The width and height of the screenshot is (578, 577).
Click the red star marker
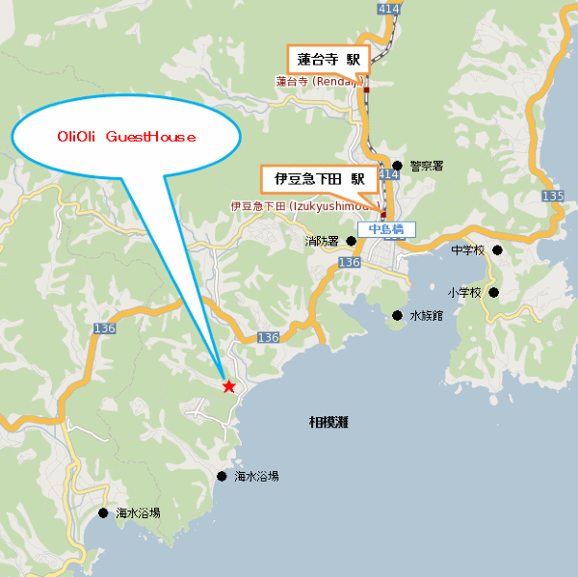(228, 386)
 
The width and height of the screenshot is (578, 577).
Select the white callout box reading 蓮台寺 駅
(328, 59)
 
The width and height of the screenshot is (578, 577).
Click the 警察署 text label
(426, 166)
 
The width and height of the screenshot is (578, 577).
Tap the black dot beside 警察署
(397, 166)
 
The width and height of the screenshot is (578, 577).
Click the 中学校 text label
(469, 250)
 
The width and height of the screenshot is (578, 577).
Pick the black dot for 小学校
(494, 292)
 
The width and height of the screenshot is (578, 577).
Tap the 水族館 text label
(425, 315)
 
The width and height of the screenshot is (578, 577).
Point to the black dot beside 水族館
(397, 315)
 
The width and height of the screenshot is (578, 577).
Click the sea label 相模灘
(328, 421)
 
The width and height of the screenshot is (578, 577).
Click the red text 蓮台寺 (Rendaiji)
(318, 82)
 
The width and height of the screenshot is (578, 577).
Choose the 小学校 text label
(463, 292)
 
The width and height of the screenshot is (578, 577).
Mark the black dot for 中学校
(498, 250)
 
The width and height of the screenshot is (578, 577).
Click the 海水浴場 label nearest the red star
(257, 476)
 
